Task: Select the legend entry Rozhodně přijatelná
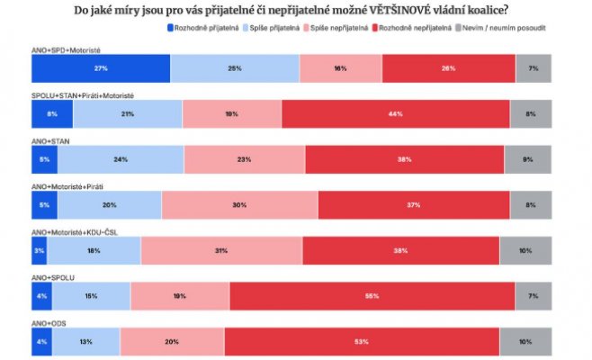click(x=202, y=28)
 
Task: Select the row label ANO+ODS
click(x=49, y=321)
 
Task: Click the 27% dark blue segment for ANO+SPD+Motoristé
click(x=100, y=68)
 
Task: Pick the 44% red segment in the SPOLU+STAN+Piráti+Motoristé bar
click(x=395, y=114)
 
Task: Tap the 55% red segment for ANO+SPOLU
click(x=372, y=295)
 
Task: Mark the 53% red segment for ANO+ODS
click(x=360, y=341)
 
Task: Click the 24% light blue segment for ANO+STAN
click(x=121, y=159)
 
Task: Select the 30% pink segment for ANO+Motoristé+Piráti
click(x=239, y=204)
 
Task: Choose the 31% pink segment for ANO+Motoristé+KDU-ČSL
click(x=220, y=250)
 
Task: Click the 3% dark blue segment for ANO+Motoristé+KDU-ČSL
click(x=39, y=250)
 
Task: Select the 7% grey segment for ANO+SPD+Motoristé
click(x=534, y=68)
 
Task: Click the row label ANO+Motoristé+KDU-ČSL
click(x=74, y=231)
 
